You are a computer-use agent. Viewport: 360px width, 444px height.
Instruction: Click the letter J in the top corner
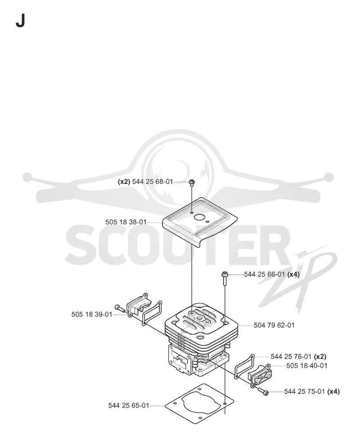[20, 21]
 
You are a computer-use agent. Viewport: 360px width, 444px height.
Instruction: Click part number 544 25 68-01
[153, 181]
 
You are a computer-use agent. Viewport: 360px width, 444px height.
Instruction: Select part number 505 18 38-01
[126, 222]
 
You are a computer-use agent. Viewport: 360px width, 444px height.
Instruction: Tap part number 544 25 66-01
[264, 274]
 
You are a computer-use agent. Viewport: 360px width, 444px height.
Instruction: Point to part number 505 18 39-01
[92, 314]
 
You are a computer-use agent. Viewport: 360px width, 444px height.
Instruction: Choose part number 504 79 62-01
[274, 325]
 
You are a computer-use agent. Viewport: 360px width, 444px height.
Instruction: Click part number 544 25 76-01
[291, 357]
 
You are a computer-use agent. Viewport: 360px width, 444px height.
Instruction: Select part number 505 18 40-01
[307, 366]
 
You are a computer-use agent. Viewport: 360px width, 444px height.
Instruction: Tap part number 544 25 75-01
[305, 391]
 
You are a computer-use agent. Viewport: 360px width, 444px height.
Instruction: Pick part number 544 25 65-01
[129, 405]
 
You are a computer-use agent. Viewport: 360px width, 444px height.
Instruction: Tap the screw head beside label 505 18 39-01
[117, 307]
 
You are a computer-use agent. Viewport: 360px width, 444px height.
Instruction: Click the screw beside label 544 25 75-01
[263, 391]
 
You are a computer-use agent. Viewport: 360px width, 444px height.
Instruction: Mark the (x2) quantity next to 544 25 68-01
[124, 181]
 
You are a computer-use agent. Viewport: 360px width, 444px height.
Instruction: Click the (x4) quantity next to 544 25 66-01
[293, 274]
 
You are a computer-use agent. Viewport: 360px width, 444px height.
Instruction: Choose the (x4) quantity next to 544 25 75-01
[333, 391]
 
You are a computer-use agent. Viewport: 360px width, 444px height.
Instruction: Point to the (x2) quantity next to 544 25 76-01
[320, 357]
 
